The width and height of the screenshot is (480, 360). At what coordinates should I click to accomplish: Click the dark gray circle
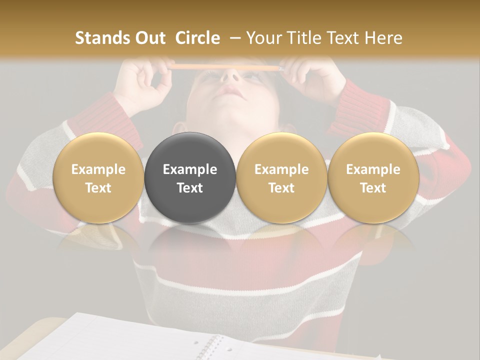189,178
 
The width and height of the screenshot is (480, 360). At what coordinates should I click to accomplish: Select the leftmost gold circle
98,178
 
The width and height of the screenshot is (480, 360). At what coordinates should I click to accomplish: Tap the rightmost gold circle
373,178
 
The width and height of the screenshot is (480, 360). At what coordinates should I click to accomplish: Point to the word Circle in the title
197,38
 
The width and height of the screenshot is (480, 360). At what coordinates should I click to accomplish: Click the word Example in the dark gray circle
189,169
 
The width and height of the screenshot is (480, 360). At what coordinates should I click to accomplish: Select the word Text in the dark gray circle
189,188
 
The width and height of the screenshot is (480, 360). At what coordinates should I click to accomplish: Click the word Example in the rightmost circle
373,169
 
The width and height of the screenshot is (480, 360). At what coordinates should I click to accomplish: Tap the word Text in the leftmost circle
98,188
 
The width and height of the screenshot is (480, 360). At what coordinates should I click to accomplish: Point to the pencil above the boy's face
225,66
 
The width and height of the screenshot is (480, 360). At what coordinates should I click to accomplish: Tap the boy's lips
230,91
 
